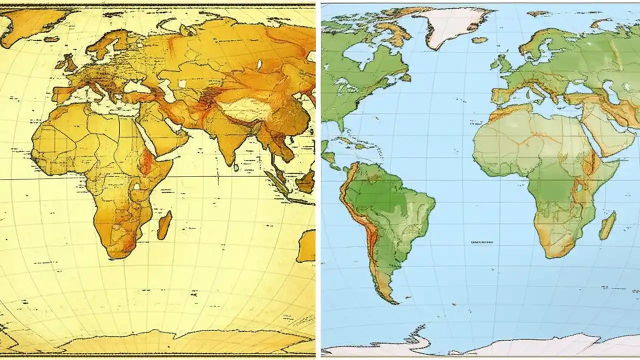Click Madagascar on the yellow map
coord(164,225)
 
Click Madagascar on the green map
coord(607,225)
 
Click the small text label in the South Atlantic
coord(481,242)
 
